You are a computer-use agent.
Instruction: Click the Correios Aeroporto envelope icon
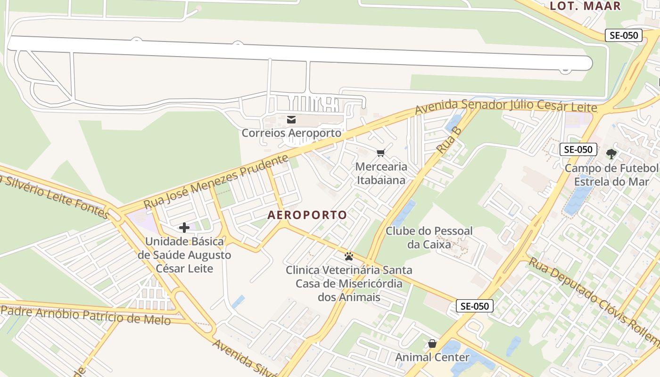pos(291,120)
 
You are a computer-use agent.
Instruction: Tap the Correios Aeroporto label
pos(291,133)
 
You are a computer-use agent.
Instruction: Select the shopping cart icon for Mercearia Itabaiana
pos(381,153)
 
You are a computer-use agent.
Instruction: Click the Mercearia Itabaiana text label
pos(381,173)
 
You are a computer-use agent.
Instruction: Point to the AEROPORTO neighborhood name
pos(307,215)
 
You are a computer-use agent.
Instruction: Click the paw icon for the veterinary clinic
pos(349,256)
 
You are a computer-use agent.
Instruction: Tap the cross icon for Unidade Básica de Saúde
pos(184,228)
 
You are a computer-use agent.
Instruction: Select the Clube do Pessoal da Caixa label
pos(429,238)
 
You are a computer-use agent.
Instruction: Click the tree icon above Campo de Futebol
pos(611,154)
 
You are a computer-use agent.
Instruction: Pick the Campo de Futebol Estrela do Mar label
pos(611,175)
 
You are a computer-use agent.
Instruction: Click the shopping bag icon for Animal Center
pos(432,344)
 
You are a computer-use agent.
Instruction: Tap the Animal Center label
pos(432,357)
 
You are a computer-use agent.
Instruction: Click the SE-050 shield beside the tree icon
pos(578,149)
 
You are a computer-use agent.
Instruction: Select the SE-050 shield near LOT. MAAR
pos(624,35)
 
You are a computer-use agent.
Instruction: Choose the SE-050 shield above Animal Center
pos(475,306)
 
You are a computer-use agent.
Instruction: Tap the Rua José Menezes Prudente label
pos(216,181)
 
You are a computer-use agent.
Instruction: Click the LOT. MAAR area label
pos(585,6)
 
